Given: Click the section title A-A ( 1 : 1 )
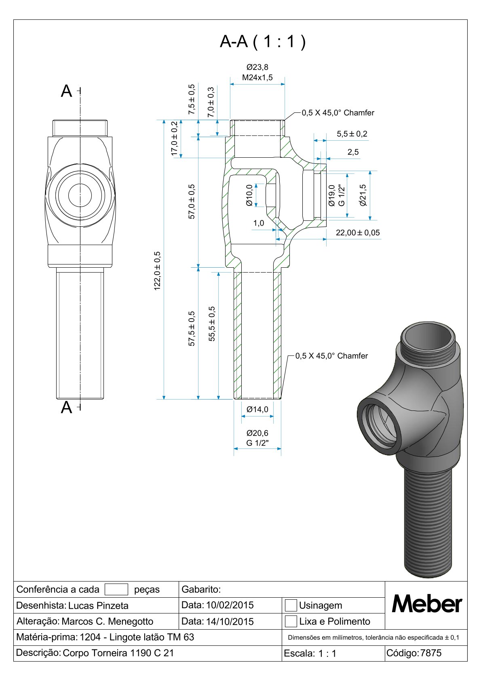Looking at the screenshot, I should (263, 42).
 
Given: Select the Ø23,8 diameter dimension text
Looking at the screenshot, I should (257, 67).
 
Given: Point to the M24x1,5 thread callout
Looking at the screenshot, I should (257, 77).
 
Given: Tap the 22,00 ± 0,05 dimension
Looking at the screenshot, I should (358, 233).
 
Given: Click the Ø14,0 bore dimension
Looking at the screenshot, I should (257, 409).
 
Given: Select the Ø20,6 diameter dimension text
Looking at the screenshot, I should (257, 433).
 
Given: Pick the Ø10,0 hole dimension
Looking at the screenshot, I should (249, 195).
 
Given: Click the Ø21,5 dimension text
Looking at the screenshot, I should (363, 195).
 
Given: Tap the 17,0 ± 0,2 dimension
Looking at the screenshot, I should (175, 138).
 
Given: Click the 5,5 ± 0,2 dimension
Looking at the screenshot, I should (352, 134).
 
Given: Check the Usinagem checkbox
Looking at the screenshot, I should (291, 605).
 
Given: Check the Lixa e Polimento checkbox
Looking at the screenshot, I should (291, 621).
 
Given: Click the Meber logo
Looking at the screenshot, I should (426, 605).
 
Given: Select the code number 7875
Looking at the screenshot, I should (431, 653).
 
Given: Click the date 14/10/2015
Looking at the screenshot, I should (230, 621).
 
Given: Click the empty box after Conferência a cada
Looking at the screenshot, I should (116, 590).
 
